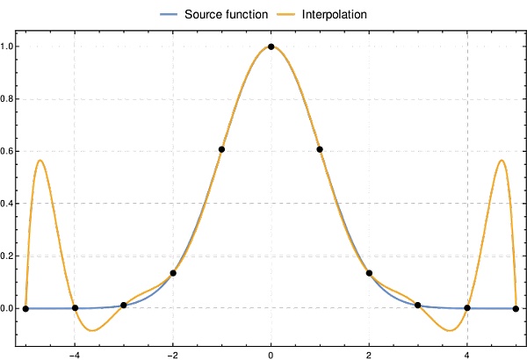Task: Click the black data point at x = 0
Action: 271,47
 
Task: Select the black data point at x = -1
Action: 222,149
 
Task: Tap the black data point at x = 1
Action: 320,149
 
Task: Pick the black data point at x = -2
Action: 173,273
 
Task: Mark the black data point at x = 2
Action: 369,273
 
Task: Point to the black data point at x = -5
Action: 25,308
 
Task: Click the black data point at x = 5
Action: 516,308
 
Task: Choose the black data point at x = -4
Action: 75,307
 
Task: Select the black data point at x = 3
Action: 418,305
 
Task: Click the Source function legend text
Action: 227,15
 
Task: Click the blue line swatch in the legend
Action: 170,15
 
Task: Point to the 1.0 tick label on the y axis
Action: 9,47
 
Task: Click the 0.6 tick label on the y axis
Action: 9,151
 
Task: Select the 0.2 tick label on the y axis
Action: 9,256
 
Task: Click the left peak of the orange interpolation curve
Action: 40,161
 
